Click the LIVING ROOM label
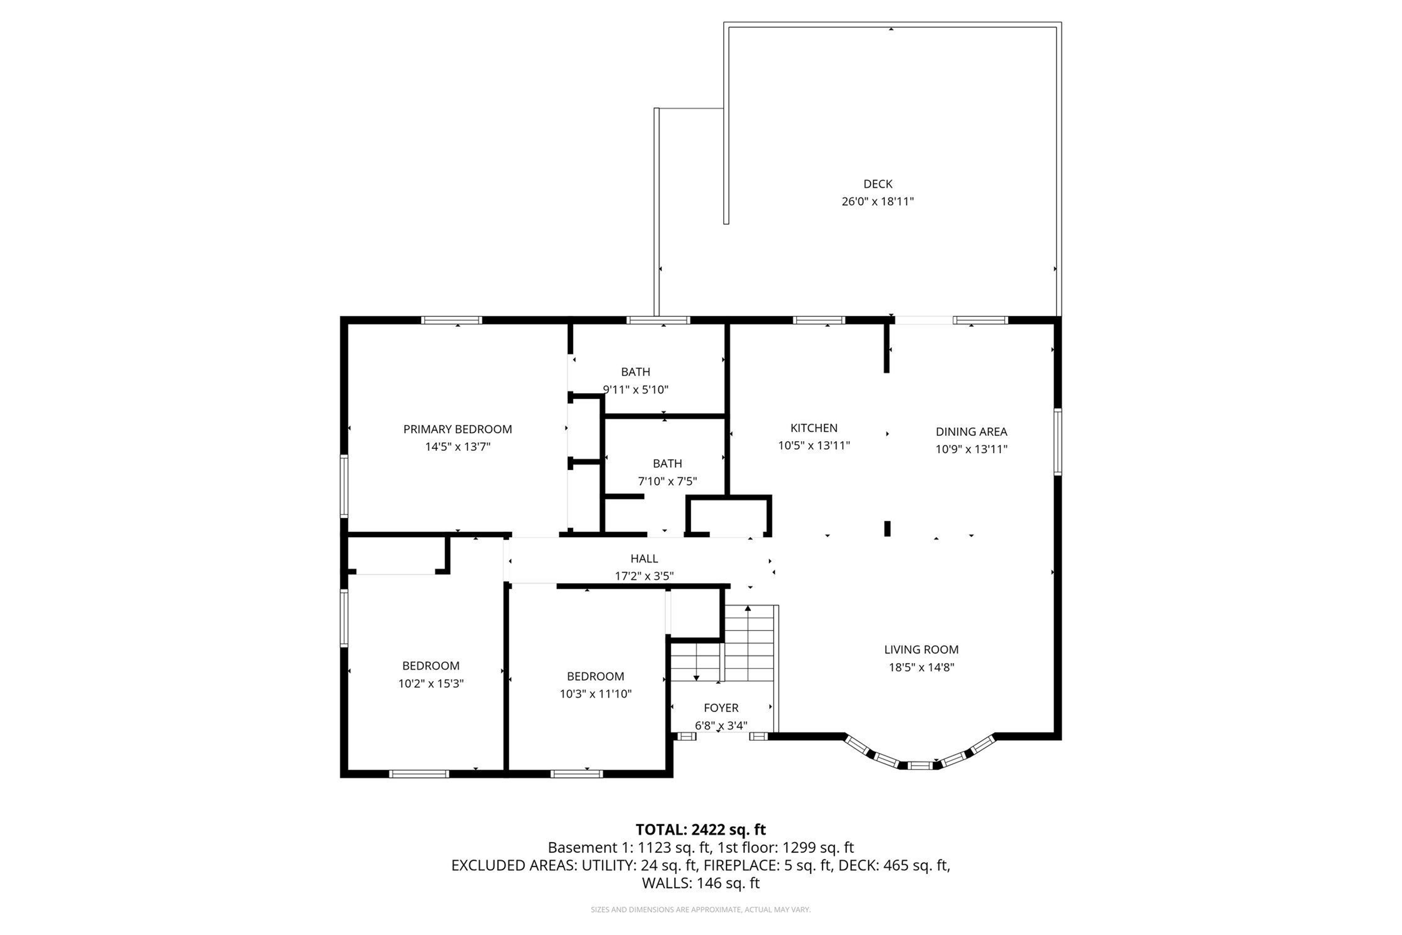[921, 650]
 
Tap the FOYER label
[721, 708]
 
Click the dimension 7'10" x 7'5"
[667, 481]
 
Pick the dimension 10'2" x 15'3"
[431, 683]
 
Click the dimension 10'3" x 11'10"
[595, 694]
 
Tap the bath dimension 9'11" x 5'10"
[636, 390]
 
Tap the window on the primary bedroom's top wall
[451, 320]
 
